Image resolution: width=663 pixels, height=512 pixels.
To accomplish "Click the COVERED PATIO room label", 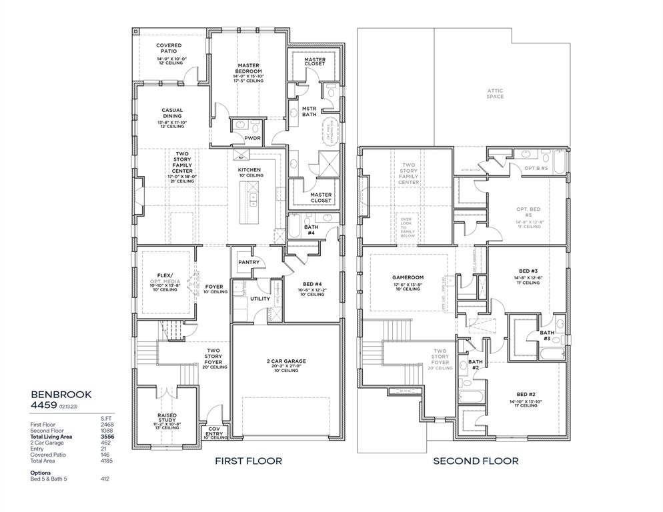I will (x=169, y=46).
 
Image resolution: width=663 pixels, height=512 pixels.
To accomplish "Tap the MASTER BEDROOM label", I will (x=248, y=68).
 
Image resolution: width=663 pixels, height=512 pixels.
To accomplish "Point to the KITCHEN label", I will (x=249, y=170).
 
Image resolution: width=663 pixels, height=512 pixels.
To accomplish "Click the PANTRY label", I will (x=249, y=263).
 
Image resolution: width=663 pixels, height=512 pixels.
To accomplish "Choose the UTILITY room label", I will (x=259, y=299).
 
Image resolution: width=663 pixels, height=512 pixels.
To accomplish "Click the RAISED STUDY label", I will (x=167, y=417).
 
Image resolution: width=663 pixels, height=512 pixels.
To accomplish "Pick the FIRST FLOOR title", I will (x=248, y=461).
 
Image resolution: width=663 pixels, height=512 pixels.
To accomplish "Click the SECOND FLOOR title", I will (x=476, y=461).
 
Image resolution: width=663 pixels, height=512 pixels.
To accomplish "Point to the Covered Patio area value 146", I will (x=105, y=454).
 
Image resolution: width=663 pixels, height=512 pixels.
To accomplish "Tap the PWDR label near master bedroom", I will (x=252, y=139).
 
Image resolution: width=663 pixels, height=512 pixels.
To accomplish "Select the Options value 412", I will (x=105, y=479).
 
